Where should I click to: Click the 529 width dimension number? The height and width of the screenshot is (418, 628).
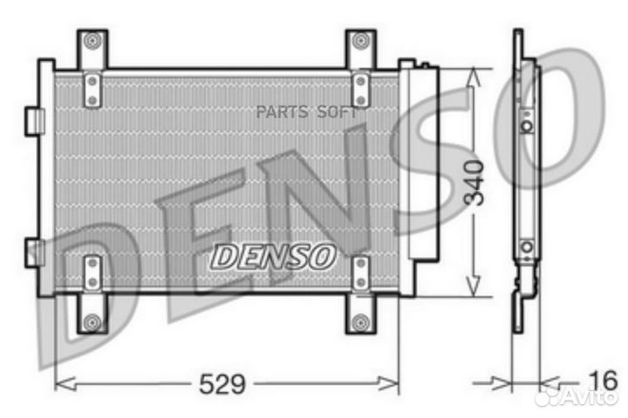tap(224, 382)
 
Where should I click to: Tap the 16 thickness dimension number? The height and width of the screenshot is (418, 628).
tap(601, 381)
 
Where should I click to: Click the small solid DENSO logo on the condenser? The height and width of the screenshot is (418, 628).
tap(274, 255)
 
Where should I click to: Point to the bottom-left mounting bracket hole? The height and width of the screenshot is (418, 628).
tap(92, 324)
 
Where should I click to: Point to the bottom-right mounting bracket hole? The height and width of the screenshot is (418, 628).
tap(360, 324)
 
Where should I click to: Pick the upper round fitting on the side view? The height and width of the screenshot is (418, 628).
tap(526, 125)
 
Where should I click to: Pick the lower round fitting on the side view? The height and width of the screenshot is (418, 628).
tap(526, 246)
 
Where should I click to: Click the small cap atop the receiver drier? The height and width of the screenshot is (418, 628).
tap(424, 64)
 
